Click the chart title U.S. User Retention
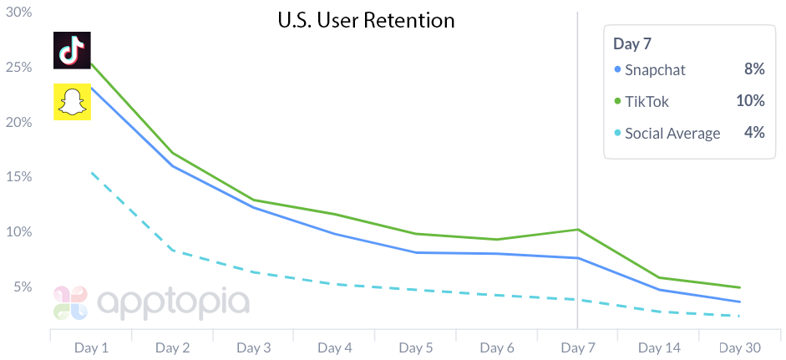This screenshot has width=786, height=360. pos(366,20)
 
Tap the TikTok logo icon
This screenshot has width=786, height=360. pos(72,50)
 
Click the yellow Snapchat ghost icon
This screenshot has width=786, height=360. pos(72,102)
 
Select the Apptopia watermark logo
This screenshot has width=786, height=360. pos(150,302)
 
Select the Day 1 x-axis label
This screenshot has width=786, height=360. pos(91,347)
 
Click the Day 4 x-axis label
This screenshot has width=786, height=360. pos(334,347)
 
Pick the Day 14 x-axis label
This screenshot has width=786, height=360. pos(657,347)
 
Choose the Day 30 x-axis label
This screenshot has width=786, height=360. pos(738,347)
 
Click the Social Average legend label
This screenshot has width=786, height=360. pos(672,133)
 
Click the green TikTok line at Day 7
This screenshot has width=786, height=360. pos(577,229)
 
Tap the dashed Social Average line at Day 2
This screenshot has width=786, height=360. pos(172,250)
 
